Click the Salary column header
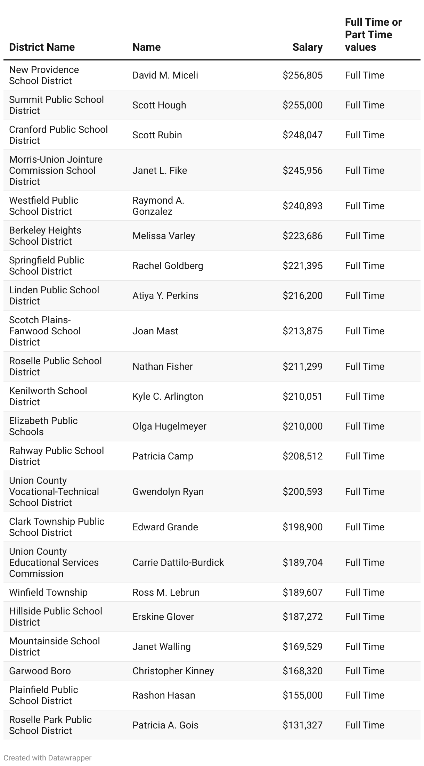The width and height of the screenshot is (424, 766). [x=307, y=47]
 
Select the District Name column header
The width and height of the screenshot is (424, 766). [x=42, y=47]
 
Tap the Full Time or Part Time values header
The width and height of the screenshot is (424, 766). [x=373, y=35]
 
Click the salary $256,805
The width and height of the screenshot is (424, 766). [x=302, y=75]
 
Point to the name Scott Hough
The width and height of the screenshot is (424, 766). [x=159, y=105]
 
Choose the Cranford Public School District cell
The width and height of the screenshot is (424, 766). [x=58, y=135]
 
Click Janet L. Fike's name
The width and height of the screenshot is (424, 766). [x=160, y=171]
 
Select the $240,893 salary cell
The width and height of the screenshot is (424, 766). [x=302, y=206]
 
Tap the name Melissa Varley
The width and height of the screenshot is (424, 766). [x=164, y=236]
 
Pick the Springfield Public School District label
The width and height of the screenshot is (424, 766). [x=47, y=266]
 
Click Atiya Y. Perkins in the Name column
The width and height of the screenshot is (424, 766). [x=165, y=296]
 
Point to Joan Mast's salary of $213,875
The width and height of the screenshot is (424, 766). [x=302, y=331]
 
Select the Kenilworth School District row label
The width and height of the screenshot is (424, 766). [x=48, y=396]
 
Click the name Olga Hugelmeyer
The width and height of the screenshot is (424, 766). [x=169, y=426]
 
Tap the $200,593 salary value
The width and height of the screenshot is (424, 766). [x=302, y=492]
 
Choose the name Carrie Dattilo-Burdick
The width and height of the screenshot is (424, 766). [x=178, y=563]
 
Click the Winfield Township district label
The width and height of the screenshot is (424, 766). [x=48, y=593]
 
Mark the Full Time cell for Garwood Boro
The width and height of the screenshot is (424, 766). [x=365, y=671]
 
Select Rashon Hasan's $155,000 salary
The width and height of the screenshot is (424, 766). [x=302, y=695]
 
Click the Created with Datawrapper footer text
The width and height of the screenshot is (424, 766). [x=48, y=758]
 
